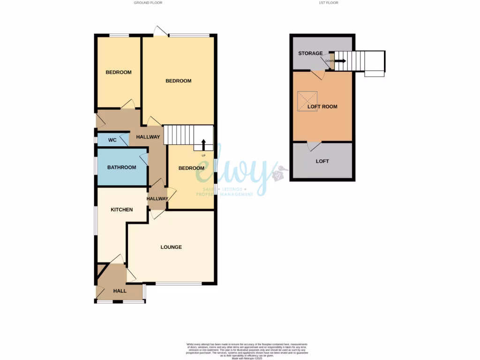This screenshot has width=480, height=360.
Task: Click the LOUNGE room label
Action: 171,247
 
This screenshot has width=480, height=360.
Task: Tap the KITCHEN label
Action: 121,210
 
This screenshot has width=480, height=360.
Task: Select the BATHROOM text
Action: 121,167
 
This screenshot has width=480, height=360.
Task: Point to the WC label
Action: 112,140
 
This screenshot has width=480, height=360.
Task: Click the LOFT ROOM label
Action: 322,106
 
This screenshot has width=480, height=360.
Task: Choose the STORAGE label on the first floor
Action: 310,53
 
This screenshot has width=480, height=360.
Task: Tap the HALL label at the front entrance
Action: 120,291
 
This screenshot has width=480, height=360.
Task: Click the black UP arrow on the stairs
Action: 203,144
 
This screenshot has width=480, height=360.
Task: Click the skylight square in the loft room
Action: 307,101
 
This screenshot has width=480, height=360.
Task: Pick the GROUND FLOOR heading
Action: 148,3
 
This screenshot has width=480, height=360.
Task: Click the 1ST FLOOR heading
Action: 328,3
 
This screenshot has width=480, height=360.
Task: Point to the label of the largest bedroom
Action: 179,81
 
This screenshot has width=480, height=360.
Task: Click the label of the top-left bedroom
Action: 118,72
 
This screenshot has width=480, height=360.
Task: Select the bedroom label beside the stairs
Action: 191,168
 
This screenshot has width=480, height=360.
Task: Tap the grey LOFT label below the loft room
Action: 322,161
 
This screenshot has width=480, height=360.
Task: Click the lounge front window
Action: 179,284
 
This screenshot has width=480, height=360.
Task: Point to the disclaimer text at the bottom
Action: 240,350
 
